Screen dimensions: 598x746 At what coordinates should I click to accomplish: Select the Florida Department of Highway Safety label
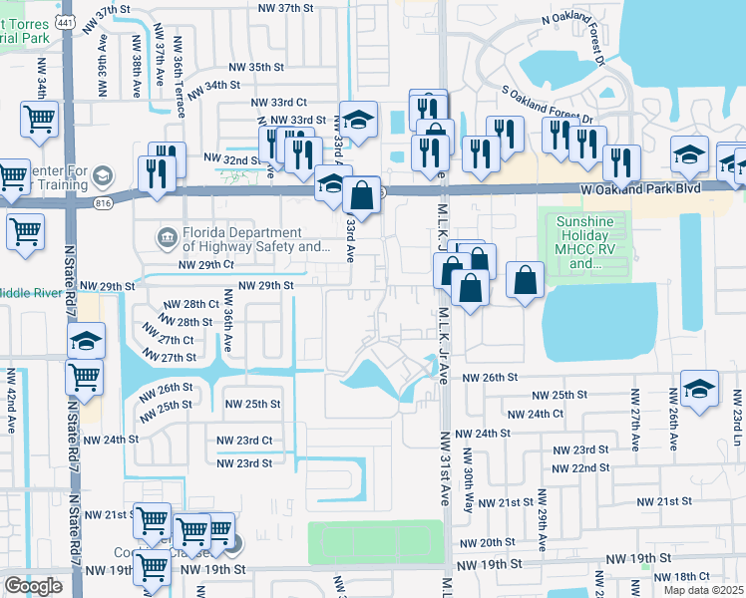point(243,240)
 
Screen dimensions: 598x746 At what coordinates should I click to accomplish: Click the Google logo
point(33,586)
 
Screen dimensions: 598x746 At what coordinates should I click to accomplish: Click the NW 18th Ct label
point(690,576)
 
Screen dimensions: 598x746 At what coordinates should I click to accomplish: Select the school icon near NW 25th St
point(699,391)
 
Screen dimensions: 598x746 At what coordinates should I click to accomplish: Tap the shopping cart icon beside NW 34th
point(39,120)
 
